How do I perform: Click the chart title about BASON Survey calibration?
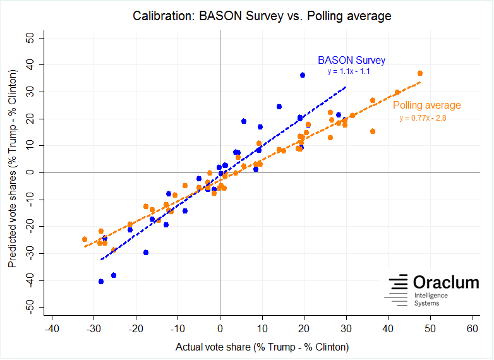(262, 16)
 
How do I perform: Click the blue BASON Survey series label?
(351, 61)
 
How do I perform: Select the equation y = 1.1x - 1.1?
(349, 71)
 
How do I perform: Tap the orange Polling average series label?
(427, 105)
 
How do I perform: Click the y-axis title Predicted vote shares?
(13, 172)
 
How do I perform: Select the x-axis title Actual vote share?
(262, 347)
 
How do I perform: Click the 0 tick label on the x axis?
(220, 329)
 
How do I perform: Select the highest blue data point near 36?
(303, 75)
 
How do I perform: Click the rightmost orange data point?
(420, 73)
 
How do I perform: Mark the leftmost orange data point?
(85, 239)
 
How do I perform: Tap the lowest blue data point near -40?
(101, 282)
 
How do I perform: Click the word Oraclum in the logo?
(446, 282)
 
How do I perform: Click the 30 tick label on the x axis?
(346, 329)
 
